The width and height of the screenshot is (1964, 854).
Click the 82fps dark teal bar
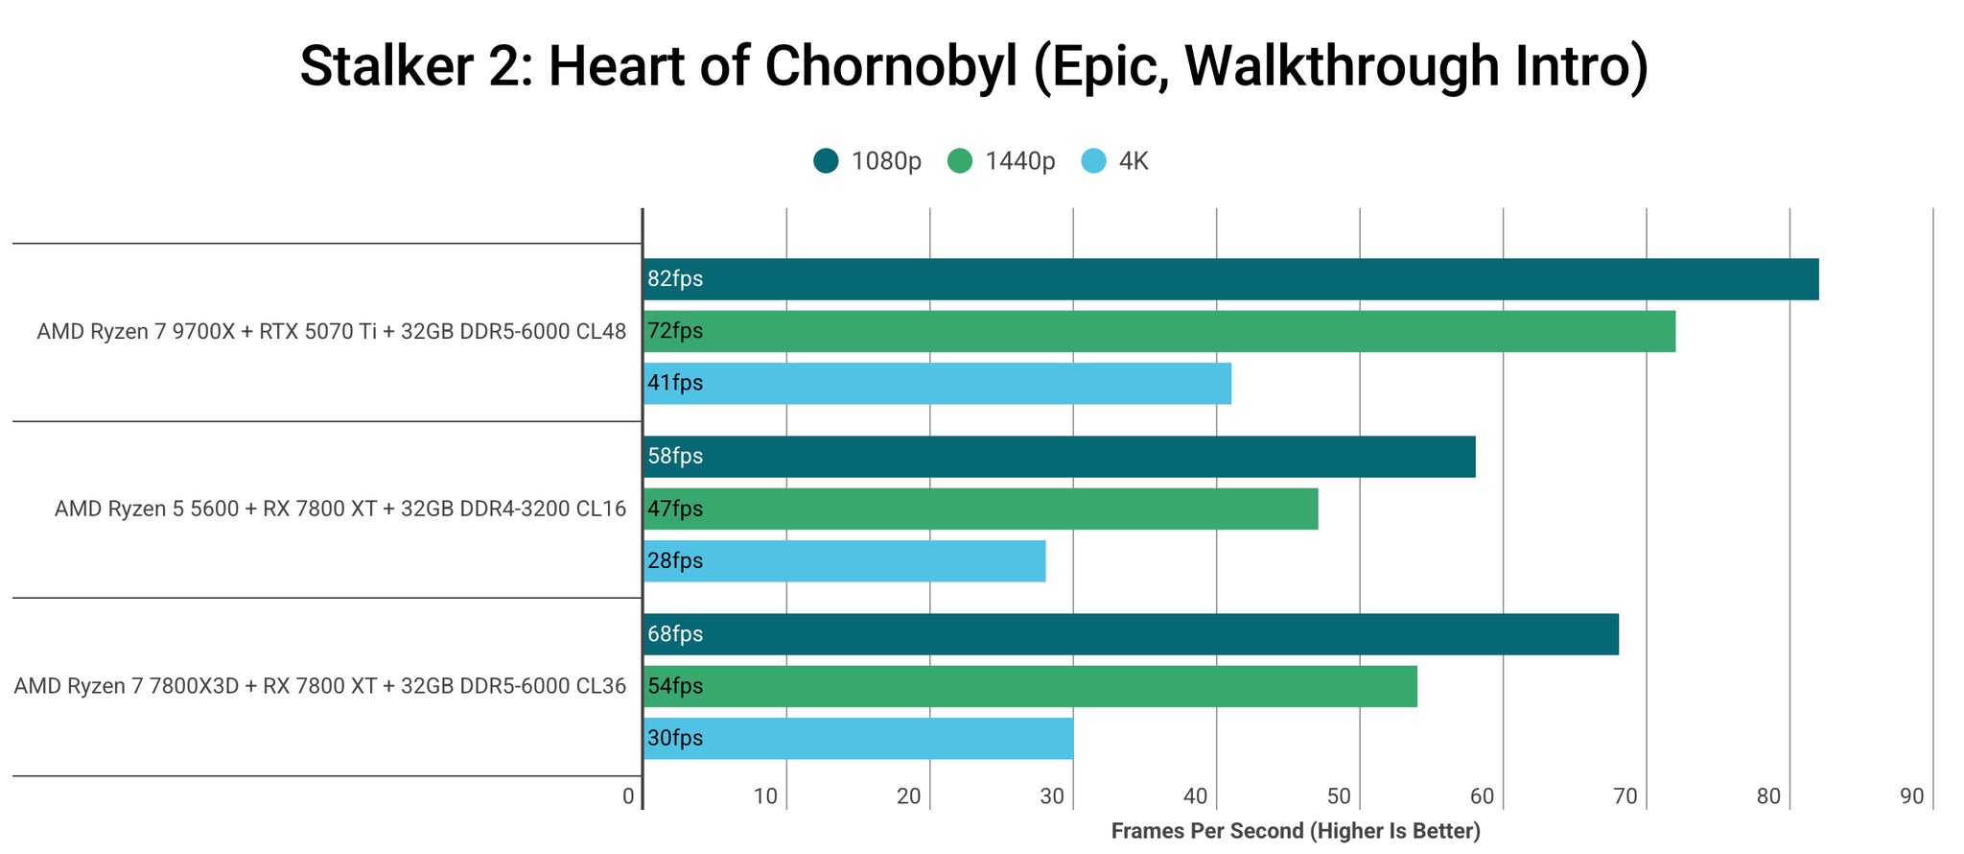(1230, 279)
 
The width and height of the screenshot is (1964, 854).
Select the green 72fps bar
(1159, 331)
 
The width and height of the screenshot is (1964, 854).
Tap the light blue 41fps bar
(937, 383)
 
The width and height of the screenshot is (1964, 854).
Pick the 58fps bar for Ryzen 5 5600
(1059, 457)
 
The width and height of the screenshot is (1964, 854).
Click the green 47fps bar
(980, 509)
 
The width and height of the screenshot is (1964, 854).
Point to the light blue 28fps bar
(844, 560)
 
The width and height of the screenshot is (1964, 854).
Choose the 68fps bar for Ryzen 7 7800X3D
(1131, 634)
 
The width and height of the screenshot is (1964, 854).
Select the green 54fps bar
(1030, 686)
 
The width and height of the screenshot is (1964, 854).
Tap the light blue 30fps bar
(858, 738)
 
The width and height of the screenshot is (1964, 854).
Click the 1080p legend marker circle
(826, 161)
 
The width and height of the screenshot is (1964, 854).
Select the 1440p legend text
(1019, 161)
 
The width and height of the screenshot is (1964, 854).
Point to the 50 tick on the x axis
(1339, 796)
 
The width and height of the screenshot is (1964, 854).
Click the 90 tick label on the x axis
(1912, 796)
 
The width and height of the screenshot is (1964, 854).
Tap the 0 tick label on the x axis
(628, 796)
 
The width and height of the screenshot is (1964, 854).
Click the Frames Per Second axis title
(1296, 831)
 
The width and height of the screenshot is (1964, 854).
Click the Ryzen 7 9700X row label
(332, 332)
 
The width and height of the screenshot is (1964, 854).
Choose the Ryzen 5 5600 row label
(340, 509)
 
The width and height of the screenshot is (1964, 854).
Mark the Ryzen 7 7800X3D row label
(320, 686)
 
